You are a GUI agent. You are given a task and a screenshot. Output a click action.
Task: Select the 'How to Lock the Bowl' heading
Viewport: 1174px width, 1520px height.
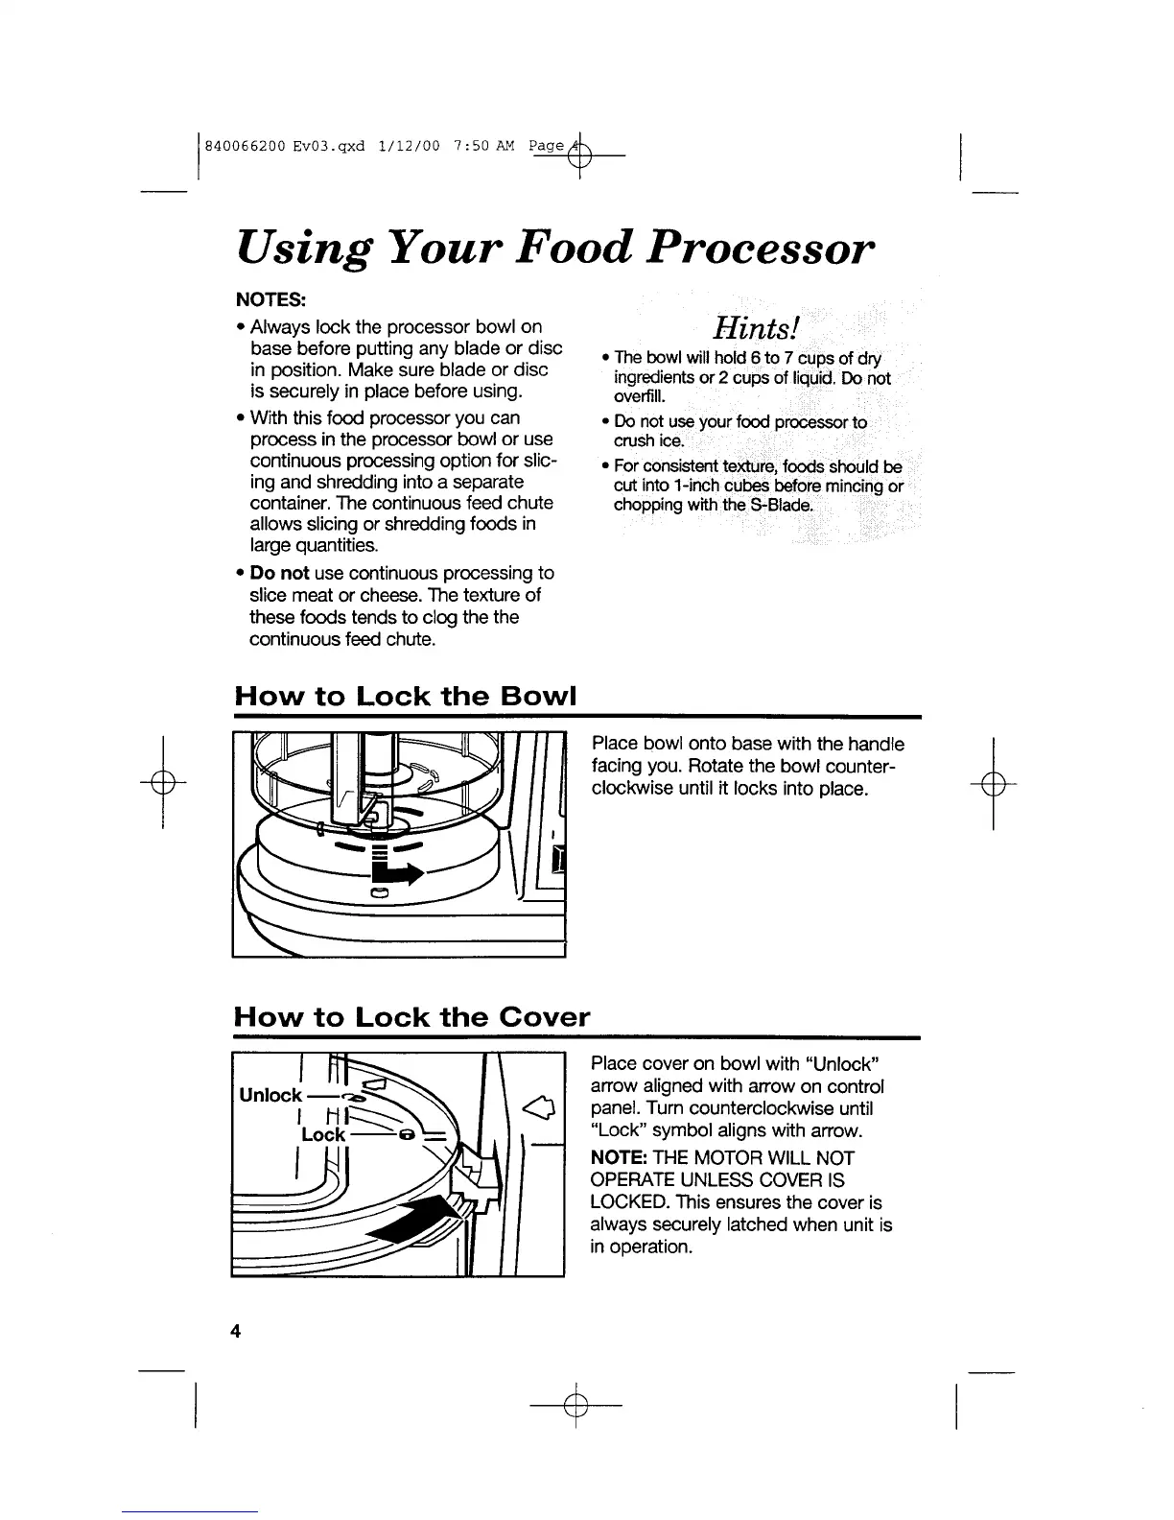point(404,696)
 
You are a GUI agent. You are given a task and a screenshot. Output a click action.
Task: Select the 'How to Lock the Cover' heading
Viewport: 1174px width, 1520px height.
point(411,1016)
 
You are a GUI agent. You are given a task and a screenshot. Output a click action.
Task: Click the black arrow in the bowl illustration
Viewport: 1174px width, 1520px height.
point(395,873)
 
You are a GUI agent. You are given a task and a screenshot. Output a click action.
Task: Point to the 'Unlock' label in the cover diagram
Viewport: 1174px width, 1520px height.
point(270,1096)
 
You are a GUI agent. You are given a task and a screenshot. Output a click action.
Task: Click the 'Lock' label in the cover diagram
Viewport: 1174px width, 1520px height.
point(323,1134)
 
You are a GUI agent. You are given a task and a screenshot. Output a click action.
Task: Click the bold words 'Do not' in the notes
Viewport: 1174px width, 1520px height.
point(278,573)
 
